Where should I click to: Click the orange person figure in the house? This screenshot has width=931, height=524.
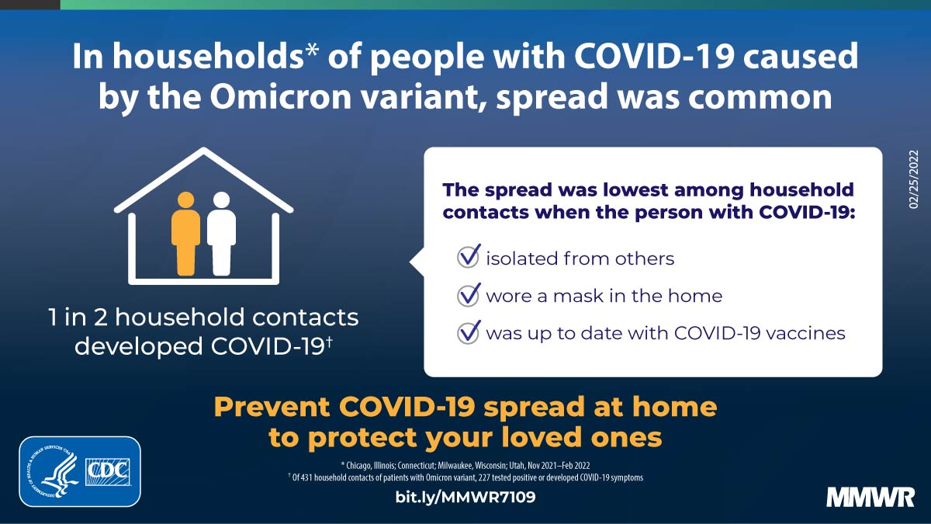[186, 233]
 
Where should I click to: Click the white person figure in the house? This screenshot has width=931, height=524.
[221, 233]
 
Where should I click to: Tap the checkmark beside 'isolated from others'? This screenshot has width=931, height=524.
[469, 257]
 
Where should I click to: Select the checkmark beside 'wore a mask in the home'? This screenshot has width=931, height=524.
[469, 295]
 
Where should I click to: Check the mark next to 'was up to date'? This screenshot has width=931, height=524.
[469, 333]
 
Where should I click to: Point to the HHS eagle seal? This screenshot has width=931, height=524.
[52, 471]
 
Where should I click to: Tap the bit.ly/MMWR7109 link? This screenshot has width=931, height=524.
[465, 497]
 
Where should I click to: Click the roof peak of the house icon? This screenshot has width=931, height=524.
[204, 151]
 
